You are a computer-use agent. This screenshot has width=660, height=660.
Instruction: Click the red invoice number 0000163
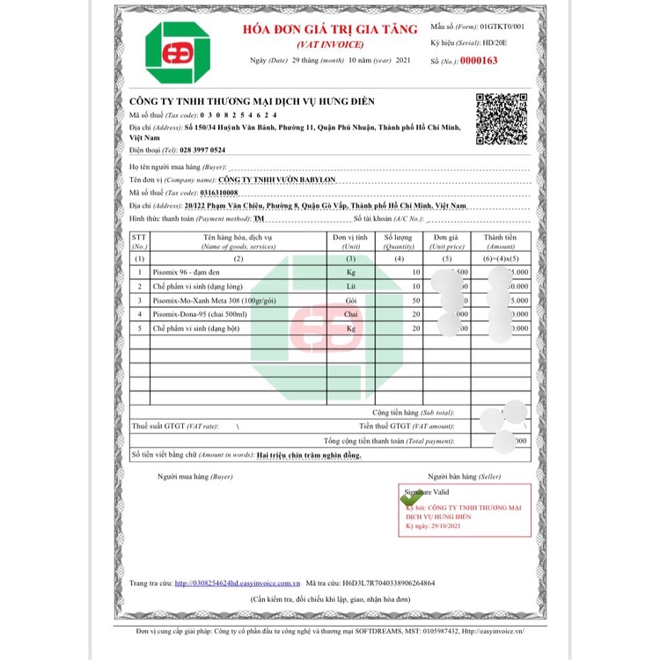pyautogui.click(x=479, y=61)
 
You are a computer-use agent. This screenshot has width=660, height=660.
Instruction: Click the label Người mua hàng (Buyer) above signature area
pyautogui.click(x=194, y=476)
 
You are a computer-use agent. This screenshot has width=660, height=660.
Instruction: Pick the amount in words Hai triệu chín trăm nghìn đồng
pyautogui.click(x=309, y=455)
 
